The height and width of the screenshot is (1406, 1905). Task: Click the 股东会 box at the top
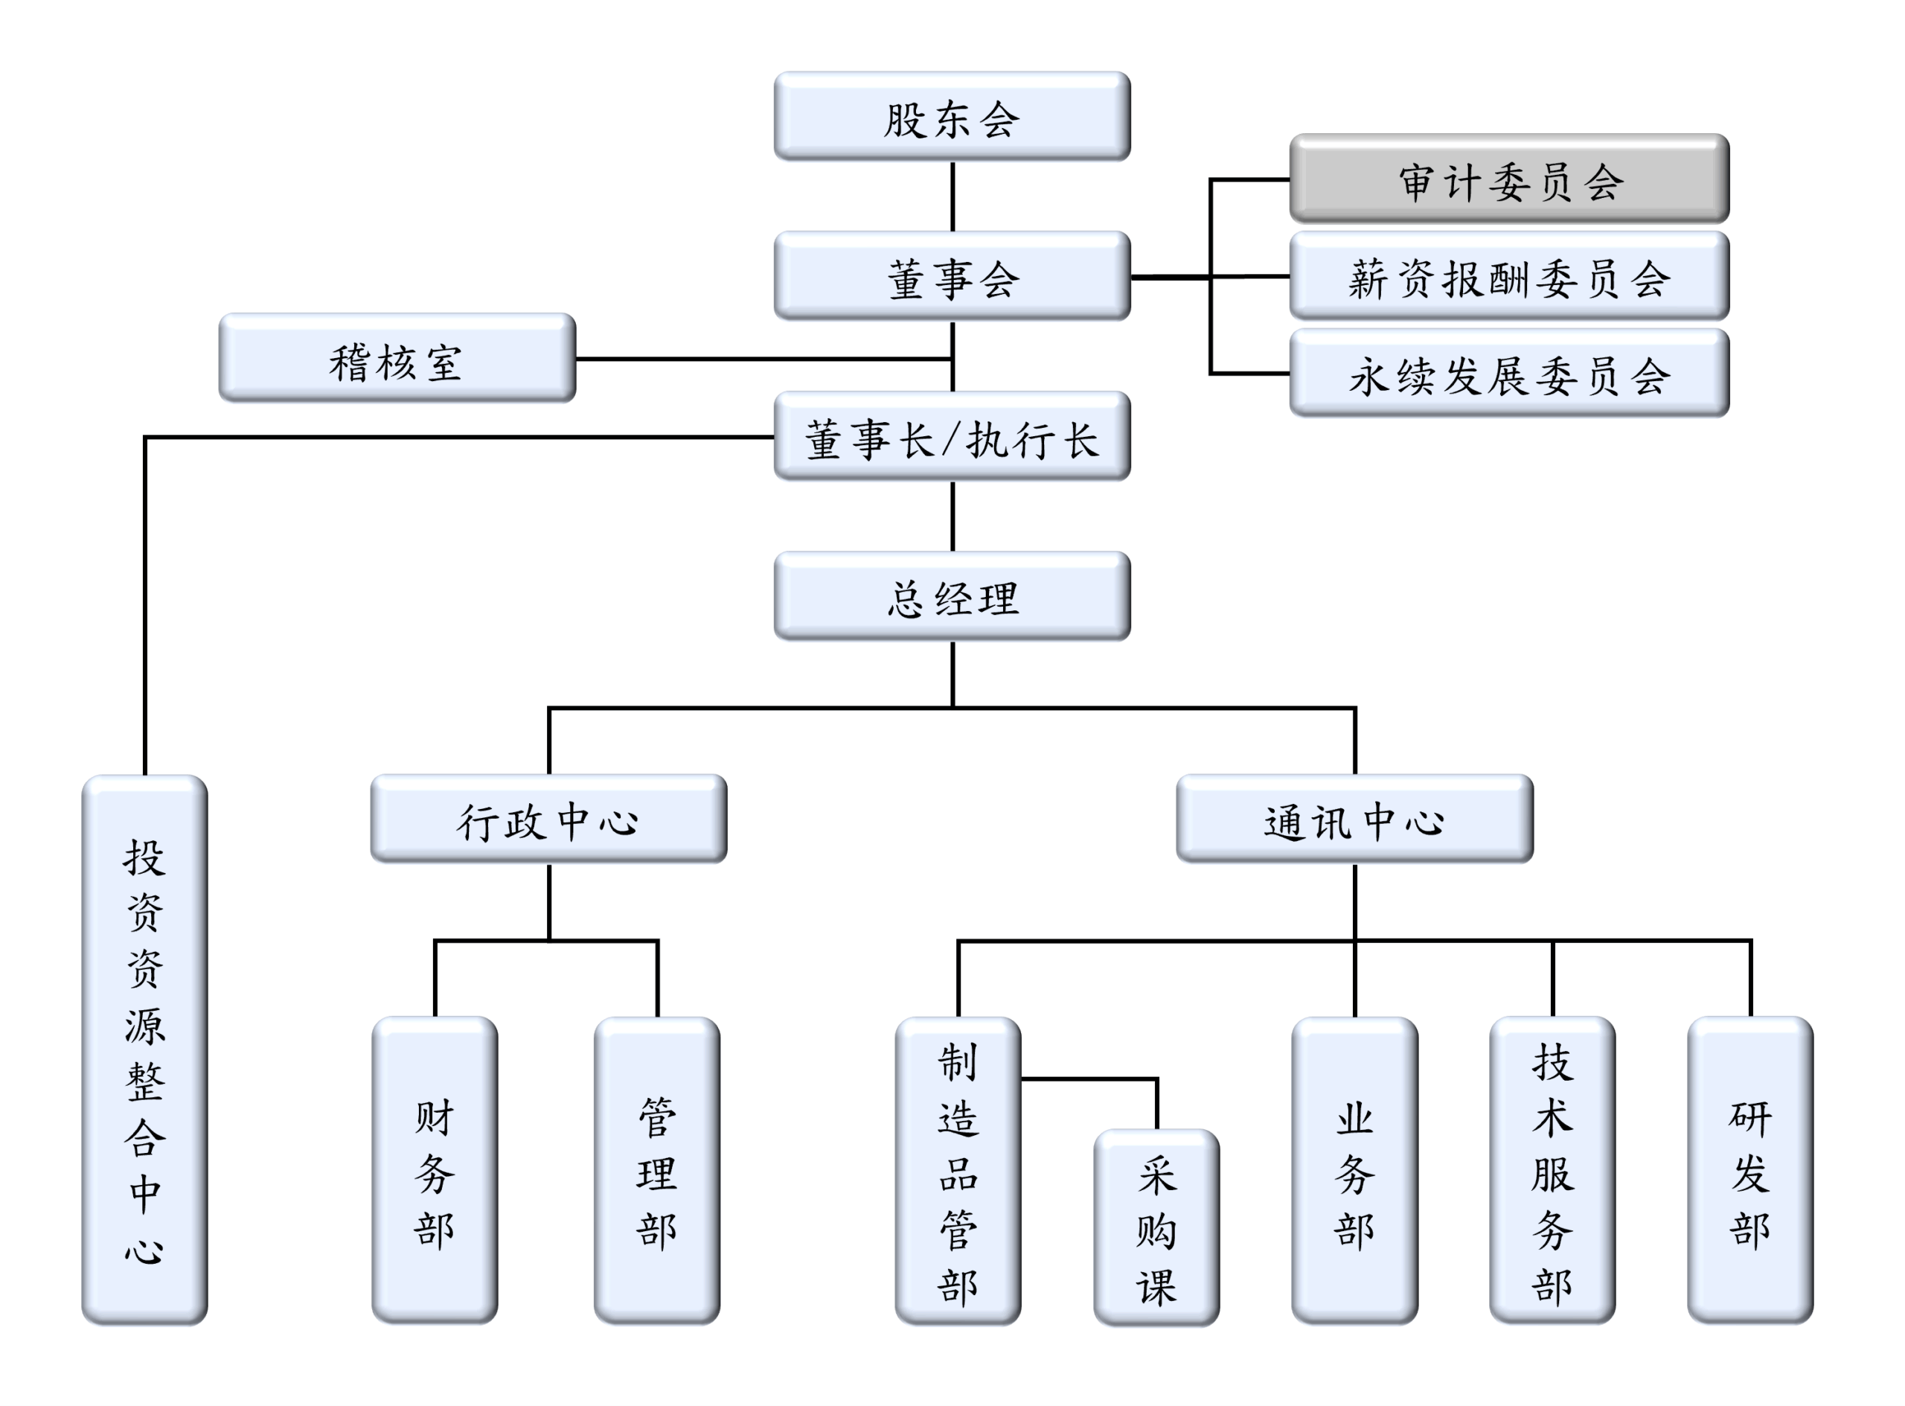952,117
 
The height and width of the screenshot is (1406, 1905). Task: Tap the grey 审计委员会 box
1509,179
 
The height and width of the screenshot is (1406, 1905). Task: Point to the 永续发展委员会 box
1509,374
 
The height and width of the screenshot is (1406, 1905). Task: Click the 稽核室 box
397,358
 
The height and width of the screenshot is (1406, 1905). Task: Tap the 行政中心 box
548,819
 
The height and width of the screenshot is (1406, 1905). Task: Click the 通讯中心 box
1354,819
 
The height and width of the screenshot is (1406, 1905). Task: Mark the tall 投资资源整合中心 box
144,1050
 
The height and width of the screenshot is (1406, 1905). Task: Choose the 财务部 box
435,1171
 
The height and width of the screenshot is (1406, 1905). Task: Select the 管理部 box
657,1171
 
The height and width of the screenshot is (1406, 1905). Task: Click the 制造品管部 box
958,1171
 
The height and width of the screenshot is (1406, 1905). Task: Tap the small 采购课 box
1156,1228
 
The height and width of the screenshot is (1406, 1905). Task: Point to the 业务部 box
1354,1171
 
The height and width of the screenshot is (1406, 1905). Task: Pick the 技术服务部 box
1553,1171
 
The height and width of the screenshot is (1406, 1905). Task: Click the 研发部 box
1750,1171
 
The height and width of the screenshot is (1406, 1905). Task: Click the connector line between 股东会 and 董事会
952,196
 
